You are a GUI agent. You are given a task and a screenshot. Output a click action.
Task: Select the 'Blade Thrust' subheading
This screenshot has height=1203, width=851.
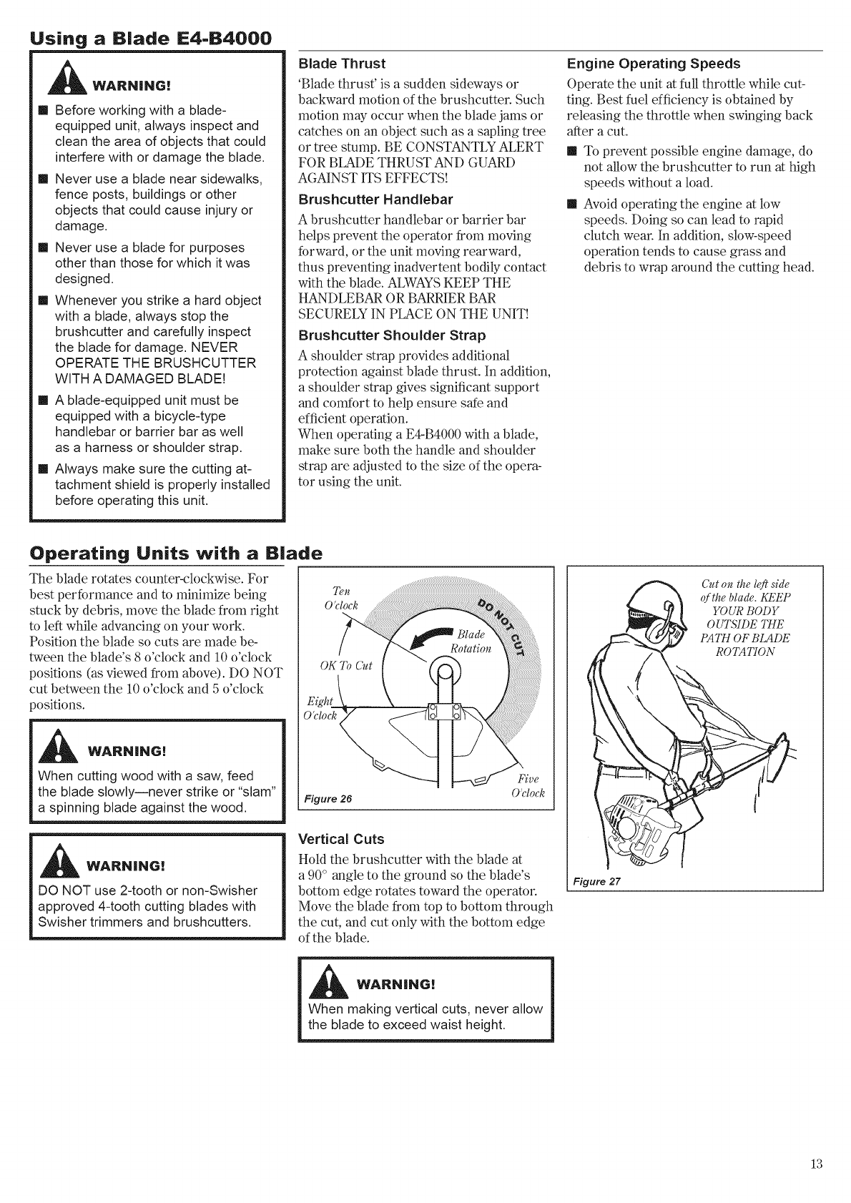(341, 63)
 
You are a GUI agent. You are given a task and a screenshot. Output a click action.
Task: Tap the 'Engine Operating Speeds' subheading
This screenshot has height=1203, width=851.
(653, 63)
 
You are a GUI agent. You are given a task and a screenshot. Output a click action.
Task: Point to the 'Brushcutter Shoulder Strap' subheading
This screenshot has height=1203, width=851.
(391, 335)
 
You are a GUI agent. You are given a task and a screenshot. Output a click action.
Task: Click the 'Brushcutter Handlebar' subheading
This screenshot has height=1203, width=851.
(375, 198)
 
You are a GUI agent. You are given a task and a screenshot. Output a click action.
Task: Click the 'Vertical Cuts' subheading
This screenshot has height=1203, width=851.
(340, 839)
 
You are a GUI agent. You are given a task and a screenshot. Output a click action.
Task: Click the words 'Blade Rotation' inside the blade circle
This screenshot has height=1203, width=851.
(471, 642)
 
